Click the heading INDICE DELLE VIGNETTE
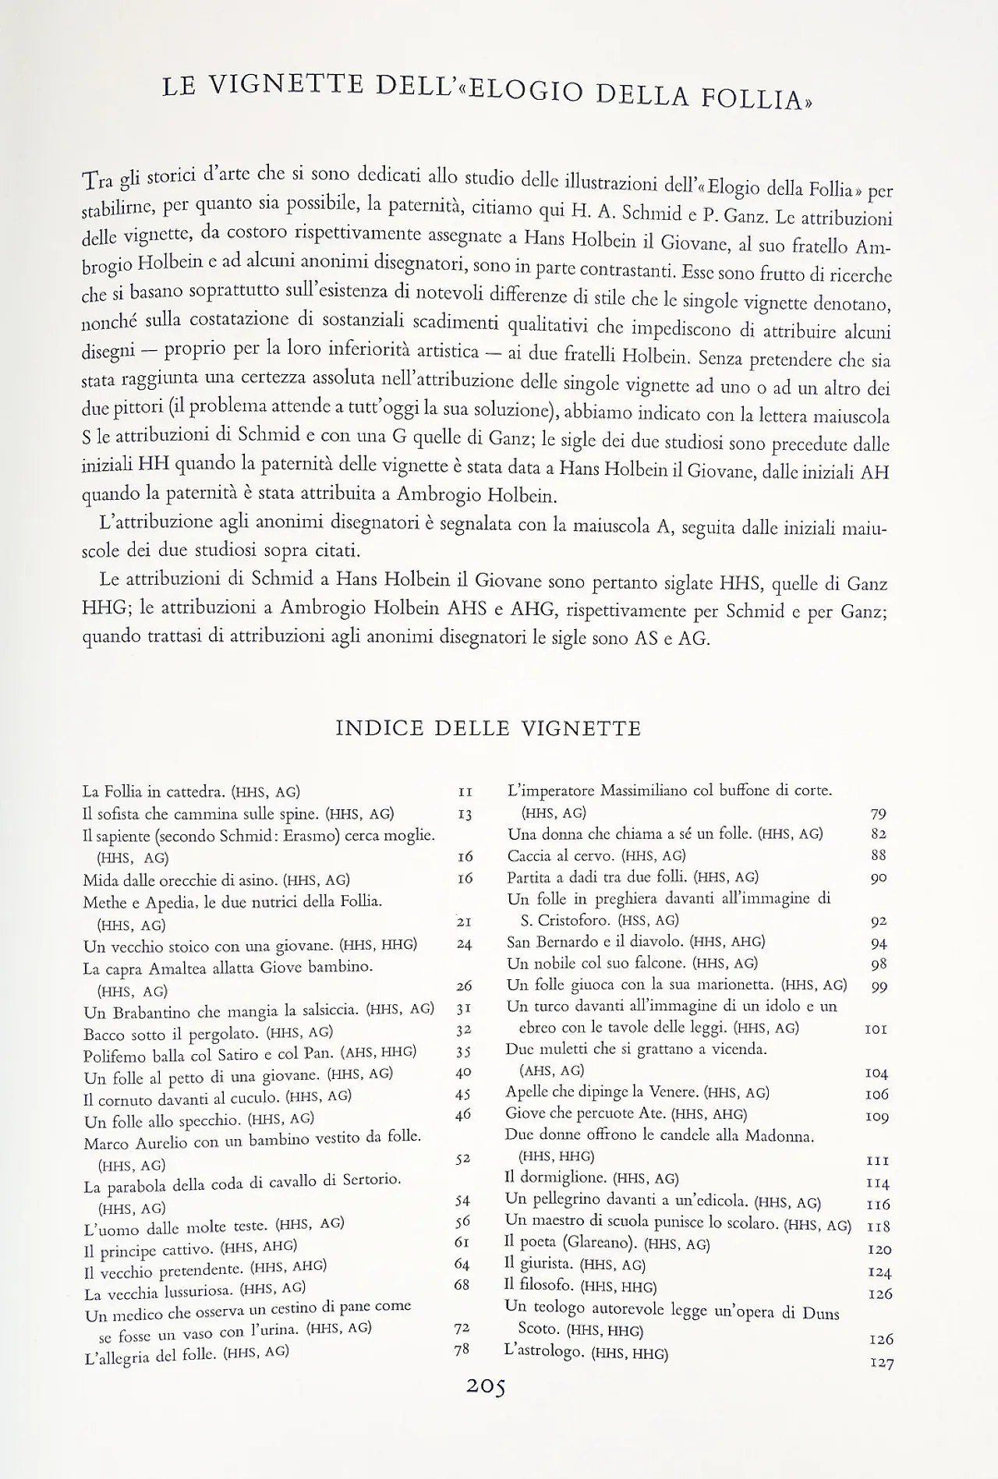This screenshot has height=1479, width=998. [x=488, y=729]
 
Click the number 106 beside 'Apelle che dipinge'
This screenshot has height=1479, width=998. [x=876, y=1095]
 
